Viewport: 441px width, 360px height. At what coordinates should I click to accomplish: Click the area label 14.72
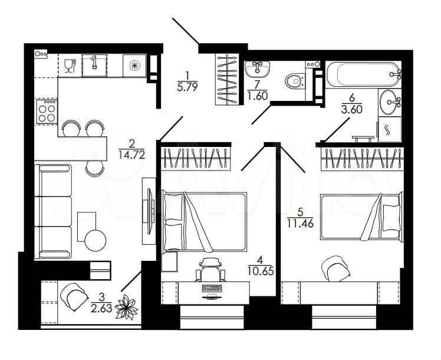click(131, 155)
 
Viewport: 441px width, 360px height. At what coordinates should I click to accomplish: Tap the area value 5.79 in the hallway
click(187, 86)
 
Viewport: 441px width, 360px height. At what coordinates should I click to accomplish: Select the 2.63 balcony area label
click(101, 307)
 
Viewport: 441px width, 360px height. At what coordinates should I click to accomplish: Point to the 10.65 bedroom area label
click(261, 271)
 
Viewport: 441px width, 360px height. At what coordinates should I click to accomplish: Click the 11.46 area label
click(300, 223)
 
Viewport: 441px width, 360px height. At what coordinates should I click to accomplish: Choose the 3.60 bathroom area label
click(351, 109)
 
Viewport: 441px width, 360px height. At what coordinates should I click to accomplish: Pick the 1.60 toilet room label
click(257, 96)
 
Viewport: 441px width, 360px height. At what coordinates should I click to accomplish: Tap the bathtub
click(363, 74)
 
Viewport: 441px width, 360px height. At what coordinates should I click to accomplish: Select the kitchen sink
click(94, 66)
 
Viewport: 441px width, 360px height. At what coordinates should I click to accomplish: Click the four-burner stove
click(47, 112)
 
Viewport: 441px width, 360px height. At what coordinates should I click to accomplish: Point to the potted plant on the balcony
click(127, 307)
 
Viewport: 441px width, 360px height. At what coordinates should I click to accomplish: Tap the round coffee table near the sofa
click(96, 240)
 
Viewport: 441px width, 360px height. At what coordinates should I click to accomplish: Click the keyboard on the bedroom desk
click(212, 288)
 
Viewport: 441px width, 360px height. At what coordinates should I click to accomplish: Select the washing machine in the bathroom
click(390, 129)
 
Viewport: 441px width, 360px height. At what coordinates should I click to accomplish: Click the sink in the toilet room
click(257, 68)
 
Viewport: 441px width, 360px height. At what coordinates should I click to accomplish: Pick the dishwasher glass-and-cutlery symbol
click(70, 66)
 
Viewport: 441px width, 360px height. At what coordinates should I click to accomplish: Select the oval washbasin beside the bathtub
click(390, 102)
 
